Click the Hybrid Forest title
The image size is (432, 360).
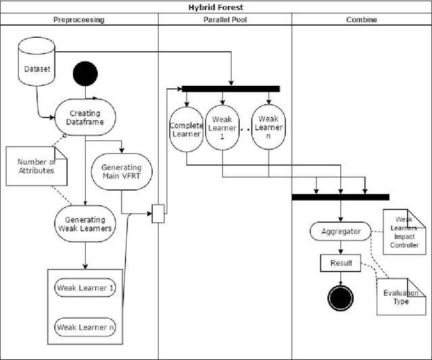tap(216, 7)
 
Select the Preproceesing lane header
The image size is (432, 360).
tap(80, 20)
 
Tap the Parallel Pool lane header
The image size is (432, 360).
tap(225, 20)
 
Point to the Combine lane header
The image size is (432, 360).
tap(361, 20)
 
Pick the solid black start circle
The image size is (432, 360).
tap(86, 74)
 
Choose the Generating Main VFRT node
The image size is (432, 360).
tap(122, 172)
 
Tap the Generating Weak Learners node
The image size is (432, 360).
tap(85, 224)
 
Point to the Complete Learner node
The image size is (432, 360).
tap(186, 129)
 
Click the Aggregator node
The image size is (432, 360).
tap(341, 231)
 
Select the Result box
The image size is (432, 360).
tap(341, 263)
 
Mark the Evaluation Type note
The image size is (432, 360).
tap(401, 297)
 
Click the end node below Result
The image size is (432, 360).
tap(341, 296)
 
